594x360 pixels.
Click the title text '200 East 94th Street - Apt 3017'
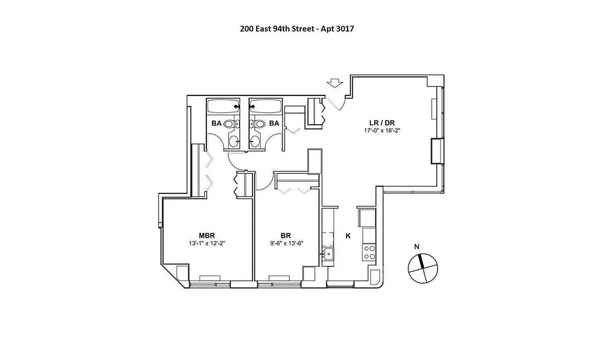[297, 29]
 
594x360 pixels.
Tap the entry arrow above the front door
[334, 83]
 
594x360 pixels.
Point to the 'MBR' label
[207, 235]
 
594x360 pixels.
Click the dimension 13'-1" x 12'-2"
[207, 243]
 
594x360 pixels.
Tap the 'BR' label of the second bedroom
[285, 235]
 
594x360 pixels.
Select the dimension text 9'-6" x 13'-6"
[285, 243]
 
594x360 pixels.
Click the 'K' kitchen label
[348, 235]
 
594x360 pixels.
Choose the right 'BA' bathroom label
[274, 122]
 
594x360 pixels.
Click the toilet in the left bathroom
[231, 123]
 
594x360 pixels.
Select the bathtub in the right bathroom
[266, 107]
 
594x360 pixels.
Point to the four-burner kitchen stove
[369, 252]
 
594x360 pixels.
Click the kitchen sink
[329, 254]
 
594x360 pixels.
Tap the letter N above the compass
[417, 247]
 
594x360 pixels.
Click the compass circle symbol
[422, 269]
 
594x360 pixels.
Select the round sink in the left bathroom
[235, 142]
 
